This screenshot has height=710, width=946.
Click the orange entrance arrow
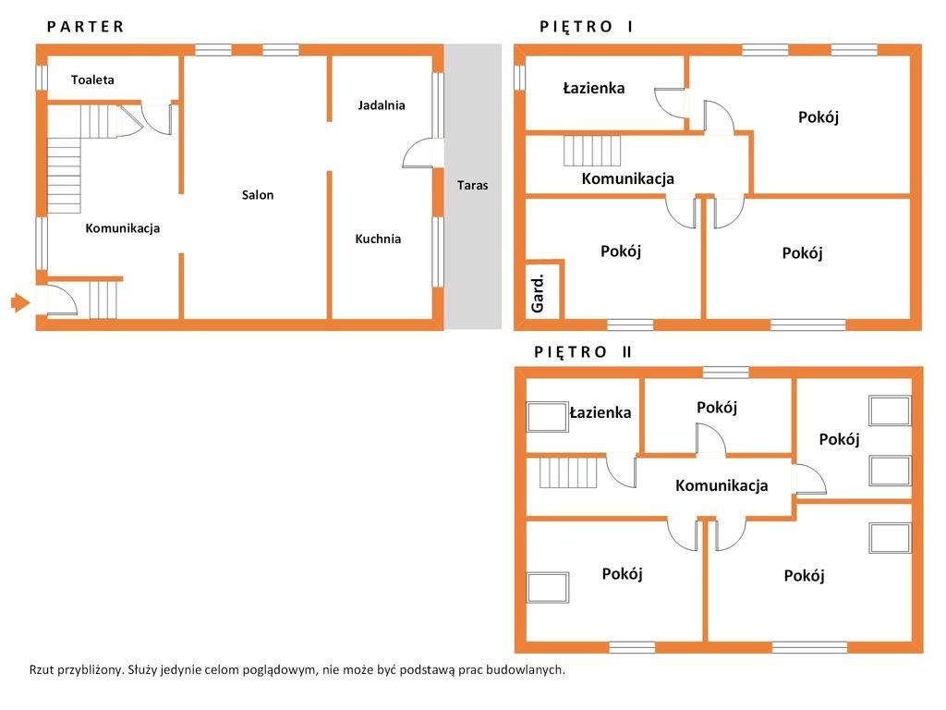tap(20, 302)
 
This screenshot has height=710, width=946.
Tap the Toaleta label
tap(92, 80)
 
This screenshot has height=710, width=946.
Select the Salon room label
tap(258, 195)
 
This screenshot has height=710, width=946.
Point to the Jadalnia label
tap(382, 105)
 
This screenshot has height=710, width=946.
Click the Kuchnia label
tap(378, 239)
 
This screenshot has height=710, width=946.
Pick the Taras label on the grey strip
tap(472, 185)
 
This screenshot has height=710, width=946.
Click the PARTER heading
tap(85, 27)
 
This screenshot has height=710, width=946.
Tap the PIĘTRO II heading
tap(583, 352)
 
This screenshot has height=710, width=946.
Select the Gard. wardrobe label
tap(537, 293)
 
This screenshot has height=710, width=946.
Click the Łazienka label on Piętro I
tap(594, 88)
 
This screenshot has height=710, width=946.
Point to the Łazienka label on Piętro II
tap(600, 412)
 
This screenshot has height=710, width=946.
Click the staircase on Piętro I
tap(592, 151)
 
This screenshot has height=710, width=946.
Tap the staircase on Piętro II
tap(568, 472)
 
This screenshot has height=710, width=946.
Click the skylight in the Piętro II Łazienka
tap(548, 417)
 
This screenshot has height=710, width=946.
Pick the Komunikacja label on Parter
tap(123, 228)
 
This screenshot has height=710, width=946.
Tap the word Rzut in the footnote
tap(41, 669)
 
